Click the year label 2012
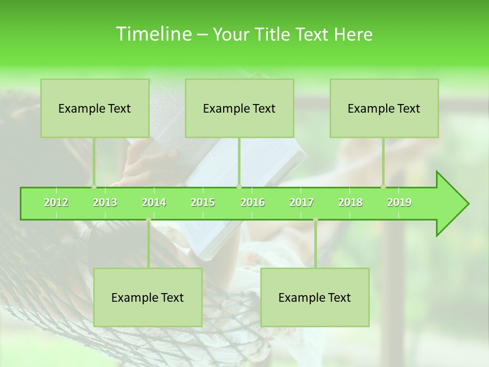[56, 202]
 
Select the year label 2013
[105, 202]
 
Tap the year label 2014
[154, 202]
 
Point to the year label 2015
[203, 202]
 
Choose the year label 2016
[253, 202]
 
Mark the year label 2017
[302, 202]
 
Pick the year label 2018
[350, 202]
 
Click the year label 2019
[399, 202]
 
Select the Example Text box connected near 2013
[95, 108]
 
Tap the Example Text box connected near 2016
[239, 108]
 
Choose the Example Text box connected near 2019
[384, 108]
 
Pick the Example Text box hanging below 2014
[148, 297]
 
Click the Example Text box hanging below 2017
[315, 297]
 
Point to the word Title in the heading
[274, 34]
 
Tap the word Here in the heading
[353, 34]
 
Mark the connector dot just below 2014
[148, 220]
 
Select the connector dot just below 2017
[315, 220]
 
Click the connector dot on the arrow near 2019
[383, 187]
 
